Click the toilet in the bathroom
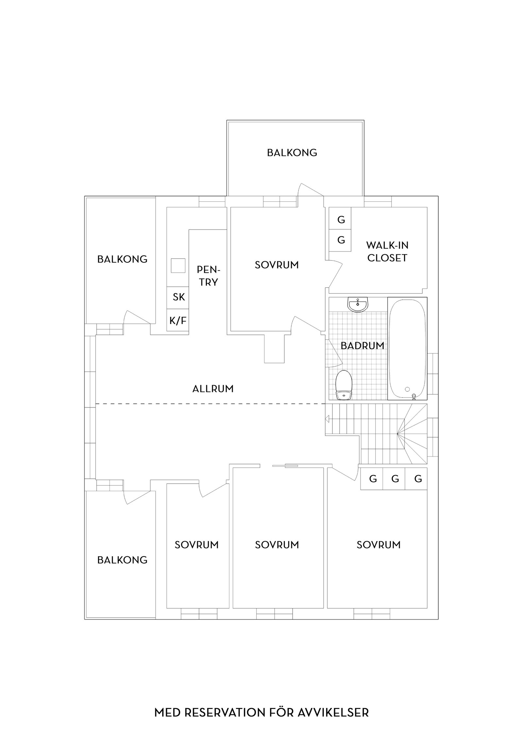pos(344,385)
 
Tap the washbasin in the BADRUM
pos(358,304)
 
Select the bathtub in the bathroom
pos(407,348)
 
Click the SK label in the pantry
pos(178,297)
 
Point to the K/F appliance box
pos(178,320)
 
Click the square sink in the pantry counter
pos(178,266)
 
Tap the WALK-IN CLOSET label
pos(387,251)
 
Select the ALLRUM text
pos(213,389)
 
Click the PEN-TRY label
pos(209,276)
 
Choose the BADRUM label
pos(362,346)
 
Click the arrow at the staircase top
pos(327,419)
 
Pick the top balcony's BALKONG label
pos(292,153)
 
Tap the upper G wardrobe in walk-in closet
pos(341,220)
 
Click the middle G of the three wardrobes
pos(395,479)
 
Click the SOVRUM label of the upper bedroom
pos(277,265)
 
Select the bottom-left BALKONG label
pos(122,560)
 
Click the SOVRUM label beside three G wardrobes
pos(378,544)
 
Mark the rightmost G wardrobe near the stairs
pos(418,479)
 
